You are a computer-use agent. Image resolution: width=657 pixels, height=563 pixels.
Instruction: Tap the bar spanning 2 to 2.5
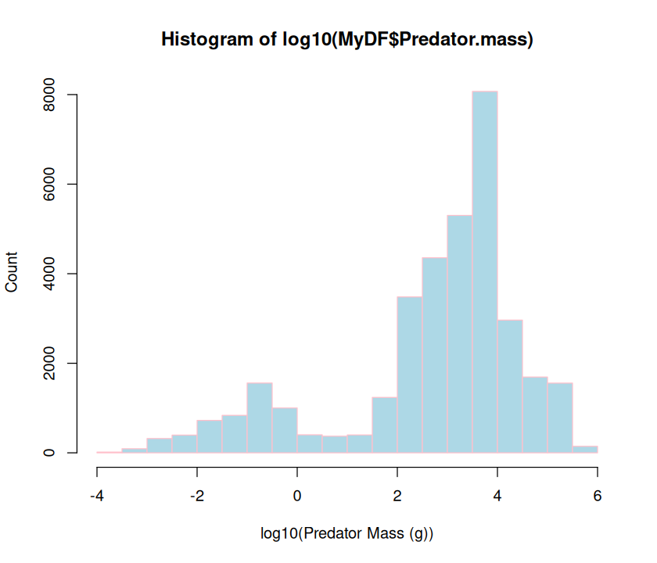pos(410,375)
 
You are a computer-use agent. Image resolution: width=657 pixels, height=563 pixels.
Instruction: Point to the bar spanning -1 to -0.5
pos(260,418)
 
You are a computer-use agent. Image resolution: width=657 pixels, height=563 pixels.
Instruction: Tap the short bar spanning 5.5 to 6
pos(585,449)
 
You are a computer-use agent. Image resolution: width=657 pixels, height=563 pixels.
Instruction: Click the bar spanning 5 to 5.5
pos(560,418)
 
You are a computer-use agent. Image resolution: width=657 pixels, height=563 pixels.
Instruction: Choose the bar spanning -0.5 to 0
pos(285,430)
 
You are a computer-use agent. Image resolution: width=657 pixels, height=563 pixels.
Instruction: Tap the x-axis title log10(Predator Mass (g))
pos(347,534)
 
